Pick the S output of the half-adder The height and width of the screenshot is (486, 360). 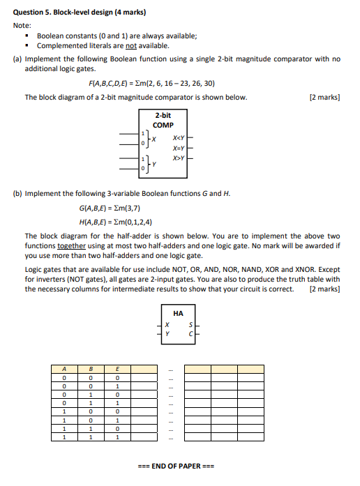pyautogui.click(x=189, y=325)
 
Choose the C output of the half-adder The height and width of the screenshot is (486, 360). pyautogui.click(x=189, y=334)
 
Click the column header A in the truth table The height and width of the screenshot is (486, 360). pyautogui.click(x=64, y=370)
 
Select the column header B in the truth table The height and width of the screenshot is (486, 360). pyautogui.click(x=91, y=370)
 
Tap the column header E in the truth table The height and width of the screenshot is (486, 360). pyautogui.click(x=118, y=370)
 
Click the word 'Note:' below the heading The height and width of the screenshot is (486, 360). pyautogui.click(x=23, y=24)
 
